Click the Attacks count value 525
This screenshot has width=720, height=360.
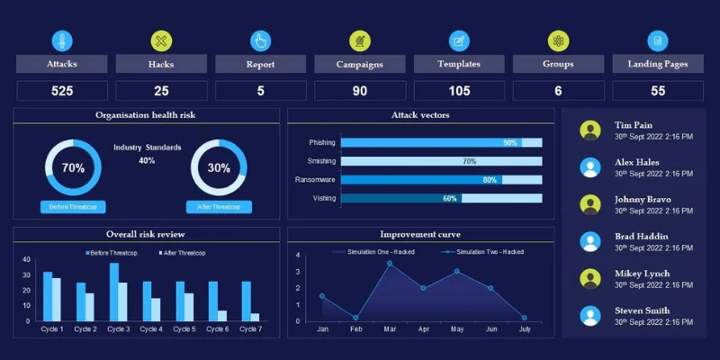62,91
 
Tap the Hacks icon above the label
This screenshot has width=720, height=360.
161,40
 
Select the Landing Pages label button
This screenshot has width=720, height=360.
658,64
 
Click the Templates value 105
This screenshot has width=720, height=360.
459,91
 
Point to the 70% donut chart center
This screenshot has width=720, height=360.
73,168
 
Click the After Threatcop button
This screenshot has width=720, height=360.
219,207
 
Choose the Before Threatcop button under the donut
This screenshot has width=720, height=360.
73,207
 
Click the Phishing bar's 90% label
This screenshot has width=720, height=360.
509,142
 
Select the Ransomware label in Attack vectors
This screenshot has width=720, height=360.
315,180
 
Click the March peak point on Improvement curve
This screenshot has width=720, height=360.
390,264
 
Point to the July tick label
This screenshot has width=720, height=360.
524,330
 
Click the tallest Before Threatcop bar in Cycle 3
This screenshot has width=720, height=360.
114,292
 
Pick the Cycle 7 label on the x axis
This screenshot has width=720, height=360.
250,329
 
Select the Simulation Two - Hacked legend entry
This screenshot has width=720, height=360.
486,252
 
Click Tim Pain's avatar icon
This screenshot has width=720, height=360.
590,130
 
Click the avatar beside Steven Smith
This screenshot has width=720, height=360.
590,316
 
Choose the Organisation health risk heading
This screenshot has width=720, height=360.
146,115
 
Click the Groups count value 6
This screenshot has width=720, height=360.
558,91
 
